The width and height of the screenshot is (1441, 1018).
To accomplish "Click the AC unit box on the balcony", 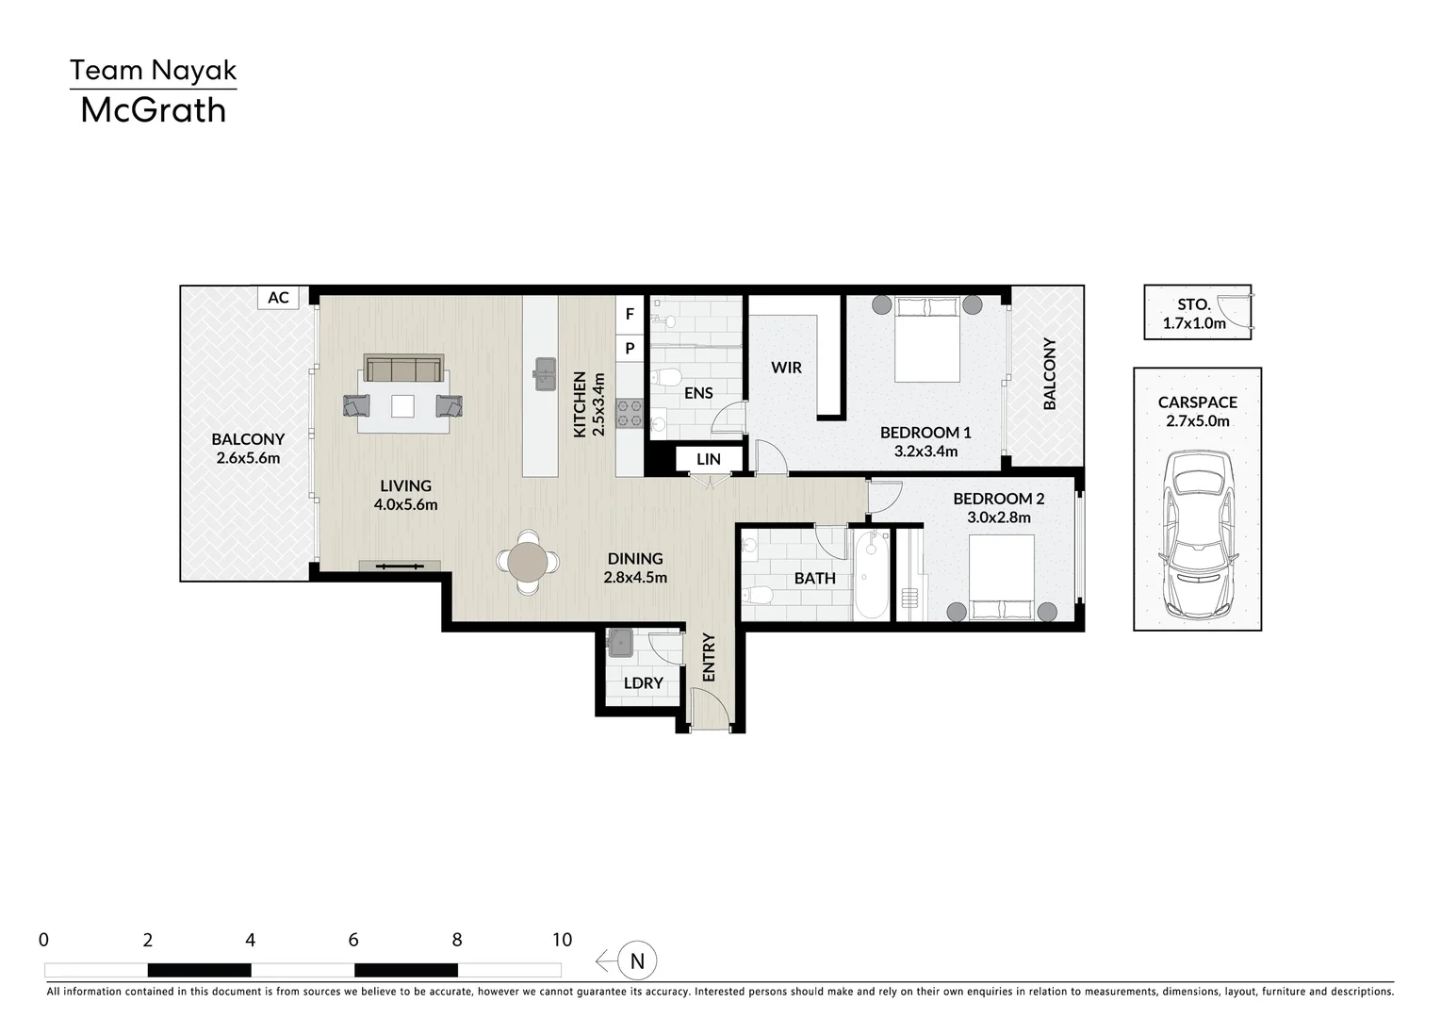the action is click(x=278, y=297).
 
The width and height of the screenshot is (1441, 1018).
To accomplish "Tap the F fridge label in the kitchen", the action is click(x=630, y=313).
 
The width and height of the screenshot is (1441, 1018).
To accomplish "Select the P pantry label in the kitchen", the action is click(x=630, y=348).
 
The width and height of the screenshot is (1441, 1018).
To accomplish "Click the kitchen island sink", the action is click(x=544, y=374).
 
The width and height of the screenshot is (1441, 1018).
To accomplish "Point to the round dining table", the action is click(x=528, y=562).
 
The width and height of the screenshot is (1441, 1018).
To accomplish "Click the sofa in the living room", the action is click(x=403, y=368).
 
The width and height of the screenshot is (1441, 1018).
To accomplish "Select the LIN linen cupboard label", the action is click(x=709, y=459).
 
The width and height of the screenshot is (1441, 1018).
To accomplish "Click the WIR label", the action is click(x=786, y=368).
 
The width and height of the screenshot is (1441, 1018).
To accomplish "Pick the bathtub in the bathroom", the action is click(x=872, y=575).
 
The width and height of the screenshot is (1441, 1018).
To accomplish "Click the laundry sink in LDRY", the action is click(x=620, y=644).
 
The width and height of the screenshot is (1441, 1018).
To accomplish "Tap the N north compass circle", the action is click(x=637, y=961).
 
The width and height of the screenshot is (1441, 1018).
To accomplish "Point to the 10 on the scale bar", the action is click(x=563, y=940).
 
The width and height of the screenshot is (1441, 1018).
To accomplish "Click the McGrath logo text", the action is click(x=153, y=110).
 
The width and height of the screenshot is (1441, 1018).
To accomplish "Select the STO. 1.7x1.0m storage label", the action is click(x=1194, y=313).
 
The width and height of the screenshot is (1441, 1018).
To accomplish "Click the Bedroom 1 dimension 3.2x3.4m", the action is click(x=925, y=452).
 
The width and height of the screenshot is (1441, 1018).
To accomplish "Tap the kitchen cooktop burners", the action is click(x=630, y=414).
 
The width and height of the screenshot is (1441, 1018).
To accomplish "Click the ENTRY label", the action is click(x=709, y=657).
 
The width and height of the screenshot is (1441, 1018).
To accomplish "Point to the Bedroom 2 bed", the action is click(x=1002, y=578).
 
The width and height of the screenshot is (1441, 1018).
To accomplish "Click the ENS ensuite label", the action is click(x=698, y=392).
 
